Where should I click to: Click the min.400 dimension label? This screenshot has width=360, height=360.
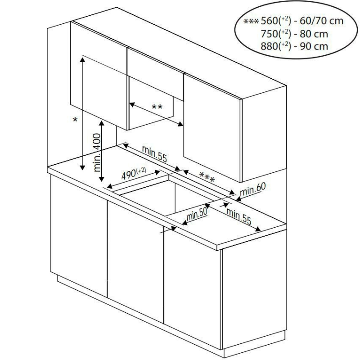97,153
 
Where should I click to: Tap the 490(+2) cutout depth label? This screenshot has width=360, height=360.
134,174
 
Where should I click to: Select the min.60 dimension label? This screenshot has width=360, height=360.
252,189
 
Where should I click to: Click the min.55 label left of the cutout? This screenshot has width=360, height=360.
154,154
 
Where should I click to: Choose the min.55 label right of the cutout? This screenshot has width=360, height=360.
239,216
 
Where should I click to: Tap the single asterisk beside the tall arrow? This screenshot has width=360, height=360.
75,120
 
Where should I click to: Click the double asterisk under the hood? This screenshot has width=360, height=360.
157,107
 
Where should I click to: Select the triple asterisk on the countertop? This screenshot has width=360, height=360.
207,177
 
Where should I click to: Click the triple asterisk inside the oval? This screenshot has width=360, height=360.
251,22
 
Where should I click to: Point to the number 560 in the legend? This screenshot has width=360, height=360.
270,21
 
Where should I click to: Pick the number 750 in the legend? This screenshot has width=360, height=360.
270,34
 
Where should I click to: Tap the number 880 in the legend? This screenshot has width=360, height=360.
270,46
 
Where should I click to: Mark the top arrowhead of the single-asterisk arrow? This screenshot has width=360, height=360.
82,59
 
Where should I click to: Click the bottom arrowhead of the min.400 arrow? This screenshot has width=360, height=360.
102,179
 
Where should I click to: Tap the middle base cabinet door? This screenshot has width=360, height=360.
135,262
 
